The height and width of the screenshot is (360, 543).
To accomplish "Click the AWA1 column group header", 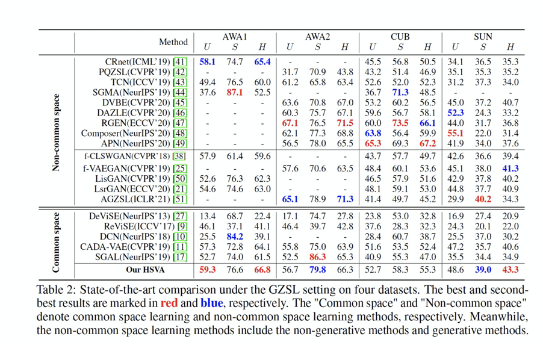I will click(x=235, y=36).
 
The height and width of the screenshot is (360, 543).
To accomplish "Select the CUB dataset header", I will click(x=400, y=36).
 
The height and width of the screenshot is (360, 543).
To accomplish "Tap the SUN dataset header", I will click(x=483, y=36).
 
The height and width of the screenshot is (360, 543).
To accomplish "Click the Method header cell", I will click(x=173, y=42).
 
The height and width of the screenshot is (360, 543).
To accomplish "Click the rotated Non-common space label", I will click(x=56, y=132).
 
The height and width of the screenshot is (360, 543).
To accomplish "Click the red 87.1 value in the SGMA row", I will click(x=234, y=93).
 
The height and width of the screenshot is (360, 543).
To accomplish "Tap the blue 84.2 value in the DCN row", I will click(x=234, y=237).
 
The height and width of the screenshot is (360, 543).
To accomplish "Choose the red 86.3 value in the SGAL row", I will click(x=317, y=258).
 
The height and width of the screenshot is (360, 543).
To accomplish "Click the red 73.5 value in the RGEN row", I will click(x=400, y=123).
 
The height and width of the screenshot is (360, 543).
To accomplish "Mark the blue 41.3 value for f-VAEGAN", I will click(x=510, y=169).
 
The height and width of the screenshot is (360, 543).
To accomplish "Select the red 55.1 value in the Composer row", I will click(x=455, y=134).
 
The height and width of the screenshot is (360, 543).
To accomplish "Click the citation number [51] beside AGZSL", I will click(x=180, y=200).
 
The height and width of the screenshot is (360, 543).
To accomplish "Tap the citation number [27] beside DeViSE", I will click(x=180, y=216).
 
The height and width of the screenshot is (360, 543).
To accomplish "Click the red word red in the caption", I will click(x=169, y=303).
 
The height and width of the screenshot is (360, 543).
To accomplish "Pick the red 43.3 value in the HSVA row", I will click(x=510, y=270).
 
